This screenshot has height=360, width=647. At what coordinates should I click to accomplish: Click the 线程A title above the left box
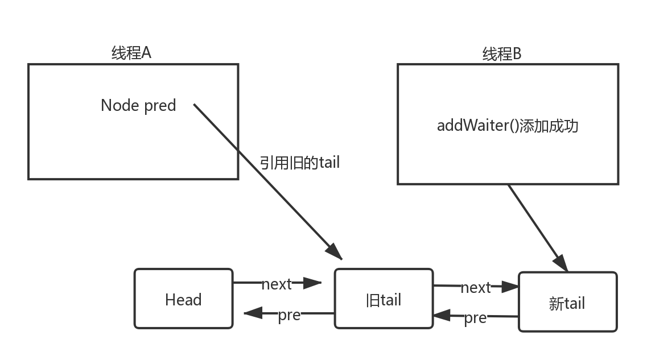coord(131,53)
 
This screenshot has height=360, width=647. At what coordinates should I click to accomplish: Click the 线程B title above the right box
coord(502,54)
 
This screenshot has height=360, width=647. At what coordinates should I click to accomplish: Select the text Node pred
coord(138,105)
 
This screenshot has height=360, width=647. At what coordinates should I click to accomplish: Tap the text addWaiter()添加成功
coord(507,125)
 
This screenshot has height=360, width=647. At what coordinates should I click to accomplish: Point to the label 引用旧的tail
coord(299,162)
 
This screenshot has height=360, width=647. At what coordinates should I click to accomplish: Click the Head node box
coord(183,299)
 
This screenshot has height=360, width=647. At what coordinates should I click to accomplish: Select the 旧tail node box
coord(384,299)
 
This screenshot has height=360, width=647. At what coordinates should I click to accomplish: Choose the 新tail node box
coord(567,301)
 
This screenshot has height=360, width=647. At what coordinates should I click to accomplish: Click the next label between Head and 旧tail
coord(277,283)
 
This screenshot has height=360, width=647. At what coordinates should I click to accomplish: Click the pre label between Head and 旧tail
coord(289,314)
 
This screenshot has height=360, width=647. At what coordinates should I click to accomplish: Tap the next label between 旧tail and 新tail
coord(476,287)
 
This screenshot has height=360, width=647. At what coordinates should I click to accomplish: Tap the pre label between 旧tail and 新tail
coord(476,317)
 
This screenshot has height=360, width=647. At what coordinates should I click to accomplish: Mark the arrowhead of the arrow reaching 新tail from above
coord(562,263)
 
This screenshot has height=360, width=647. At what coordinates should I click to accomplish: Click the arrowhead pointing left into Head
coord(251,313)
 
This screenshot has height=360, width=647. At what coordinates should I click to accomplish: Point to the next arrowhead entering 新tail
coord(510,287)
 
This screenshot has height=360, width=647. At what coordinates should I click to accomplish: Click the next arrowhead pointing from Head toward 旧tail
coord(313,282)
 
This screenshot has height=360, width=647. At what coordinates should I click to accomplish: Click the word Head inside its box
coord(183,300)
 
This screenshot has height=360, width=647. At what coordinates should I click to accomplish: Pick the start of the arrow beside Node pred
coord(195,105)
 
